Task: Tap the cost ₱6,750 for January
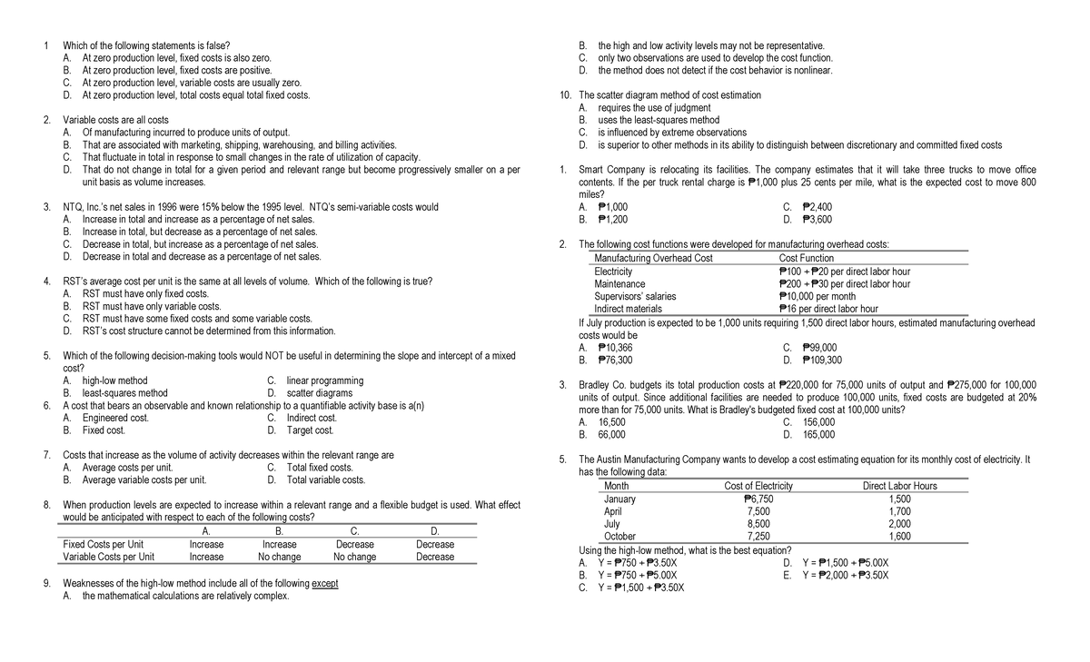(x=758, y=499)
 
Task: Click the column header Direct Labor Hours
(x=899, y=486)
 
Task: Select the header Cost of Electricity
(x=758, y=486)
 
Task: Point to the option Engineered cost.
(x=115, y=418)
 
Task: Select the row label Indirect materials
(x=629, y=309)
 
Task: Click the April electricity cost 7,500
(x=758, y=511)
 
